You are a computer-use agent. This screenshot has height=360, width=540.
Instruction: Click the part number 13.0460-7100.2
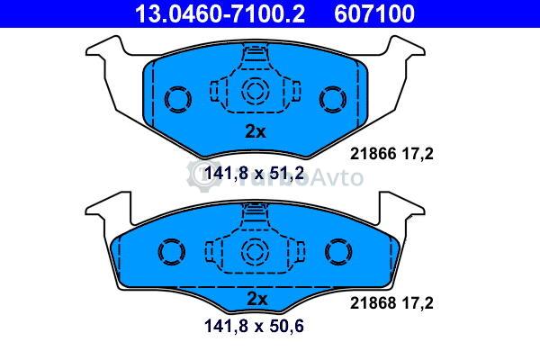[220, 13]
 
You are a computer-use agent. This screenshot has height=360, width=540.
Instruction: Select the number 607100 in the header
[374, 13]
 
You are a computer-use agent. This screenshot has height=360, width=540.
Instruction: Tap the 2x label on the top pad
[256, 131]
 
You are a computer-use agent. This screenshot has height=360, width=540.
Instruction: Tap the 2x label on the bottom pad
[256, 299]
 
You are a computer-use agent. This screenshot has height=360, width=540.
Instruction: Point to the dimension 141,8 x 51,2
[254, 174]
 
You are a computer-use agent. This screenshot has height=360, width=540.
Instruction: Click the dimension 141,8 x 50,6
[254, 326]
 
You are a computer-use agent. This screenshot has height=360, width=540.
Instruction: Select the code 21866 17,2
[391, 154]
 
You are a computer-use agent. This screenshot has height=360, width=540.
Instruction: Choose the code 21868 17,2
[391, 303]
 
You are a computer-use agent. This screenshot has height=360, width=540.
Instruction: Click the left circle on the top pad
[177, 99]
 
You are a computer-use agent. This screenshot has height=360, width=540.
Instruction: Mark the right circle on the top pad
[333, 99]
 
